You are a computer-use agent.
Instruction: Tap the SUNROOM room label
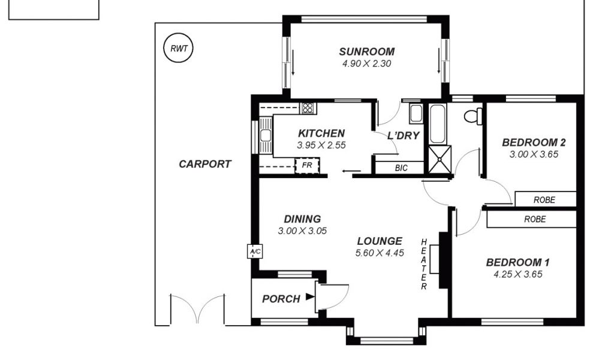(x=366, y=52)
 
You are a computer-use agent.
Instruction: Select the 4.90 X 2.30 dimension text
(x=366, y=64)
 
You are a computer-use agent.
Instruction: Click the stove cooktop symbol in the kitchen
(x=308, y=108)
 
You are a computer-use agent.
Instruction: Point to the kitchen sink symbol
(x=266, y=135)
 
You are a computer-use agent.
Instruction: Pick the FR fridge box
(x=307, y=166)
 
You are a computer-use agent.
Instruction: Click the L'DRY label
(x=404, y=136)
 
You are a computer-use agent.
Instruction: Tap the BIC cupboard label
(x=401, y=168)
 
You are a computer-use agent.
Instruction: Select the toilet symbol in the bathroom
(x=473, y=116)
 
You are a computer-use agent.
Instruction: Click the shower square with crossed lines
(x=440, y=159)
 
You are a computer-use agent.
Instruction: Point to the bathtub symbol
(x=437, y=124)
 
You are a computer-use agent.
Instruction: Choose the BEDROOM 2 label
(x=534, y=143)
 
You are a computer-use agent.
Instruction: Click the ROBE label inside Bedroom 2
(x=544, y=200)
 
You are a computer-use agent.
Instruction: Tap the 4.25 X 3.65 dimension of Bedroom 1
(x=517, y=274)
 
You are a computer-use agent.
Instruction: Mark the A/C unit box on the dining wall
(x=254, y=251)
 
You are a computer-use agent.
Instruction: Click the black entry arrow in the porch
(x=310, y=296)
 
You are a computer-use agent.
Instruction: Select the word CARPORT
(x=205, y=164)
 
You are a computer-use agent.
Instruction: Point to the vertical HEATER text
(x=424, y=265)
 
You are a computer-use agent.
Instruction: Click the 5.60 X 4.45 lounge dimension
(x=380, y=253)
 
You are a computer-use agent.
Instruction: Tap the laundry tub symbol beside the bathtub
(x=416, y=113)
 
